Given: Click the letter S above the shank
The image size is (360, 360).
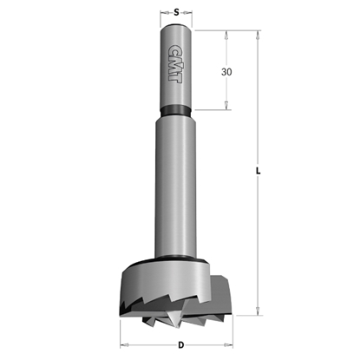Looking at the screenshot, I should pyautogui.click(x=177, y=12).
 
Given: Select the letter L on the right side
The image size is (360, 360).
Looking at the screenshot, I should pyautogui.click(x=261, y=170).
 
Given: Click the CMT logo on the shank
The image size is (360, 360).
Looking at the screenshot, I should pyautogui.click(x=179, y=62).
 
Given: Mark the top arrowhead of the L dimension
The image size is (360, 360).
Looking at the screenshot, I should pyautogui.click(x=258, y=36).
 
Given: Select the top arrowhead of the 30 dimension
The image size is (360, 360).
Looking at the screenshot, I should pyautogui.click(x=227, y=36).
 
